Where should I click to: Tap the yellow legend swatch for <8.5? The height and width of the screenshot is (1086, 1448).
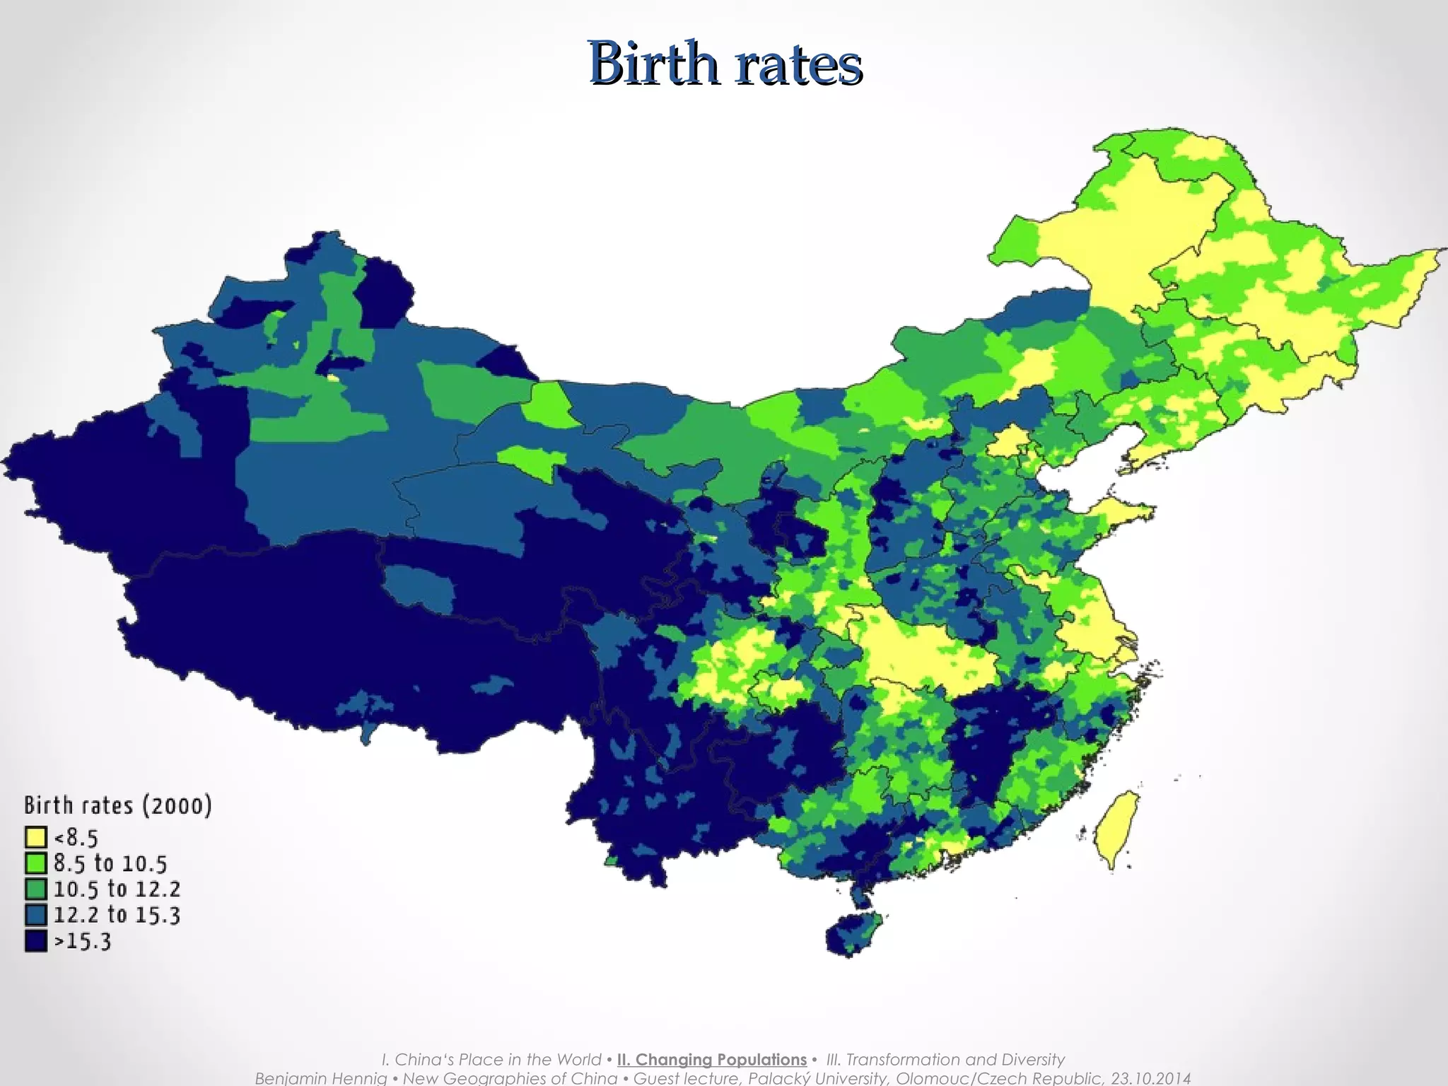(x=36, y=838)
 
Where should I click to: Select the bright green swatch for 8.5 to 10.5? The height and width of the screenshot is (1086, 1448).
(x=36, y=863)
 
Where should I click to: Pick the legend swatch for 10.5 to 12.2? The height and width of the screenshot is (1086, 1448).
(x=36, y=889)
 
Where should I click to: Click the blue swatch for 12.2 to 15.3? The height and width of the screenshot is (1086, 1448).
(x=36, y=915)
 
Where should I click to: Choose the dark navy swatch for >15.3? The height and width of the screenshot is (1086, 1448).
(x=36, y=941)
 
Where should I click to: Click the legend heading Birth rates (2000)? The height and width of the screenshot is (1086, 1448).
(x=117, y=805)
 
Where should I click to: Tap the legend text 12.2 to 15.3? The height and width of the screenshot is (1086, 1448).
(x=117, y=915)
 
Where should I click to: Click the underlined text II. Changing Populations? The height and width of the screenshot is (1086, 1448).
(x=711, y=1059)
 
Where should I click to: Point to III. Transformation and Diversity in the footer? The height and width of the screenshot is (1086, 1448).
(x=945, y=1059)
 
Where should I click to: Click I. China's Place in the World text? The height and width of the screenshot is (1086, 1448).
(x=491, y=1059)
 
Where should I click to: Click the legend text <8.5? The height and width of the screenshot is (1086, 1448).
(x=76, y=838)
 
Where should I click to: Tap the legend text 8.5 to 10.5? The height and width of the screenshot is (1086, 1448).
(x=110, y=863)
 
